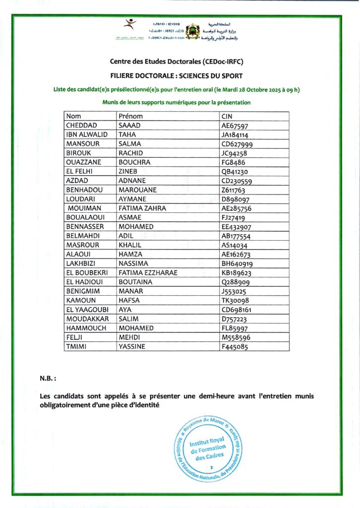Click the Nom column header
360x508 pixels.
point(73,117)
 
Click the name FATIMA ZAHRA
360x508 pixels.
point(142,208)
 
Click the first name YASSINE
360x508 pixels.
point(132,346)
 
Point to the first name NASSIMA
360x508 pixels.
point(133,263)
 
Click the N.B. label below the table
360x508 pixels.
point(48,378)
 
